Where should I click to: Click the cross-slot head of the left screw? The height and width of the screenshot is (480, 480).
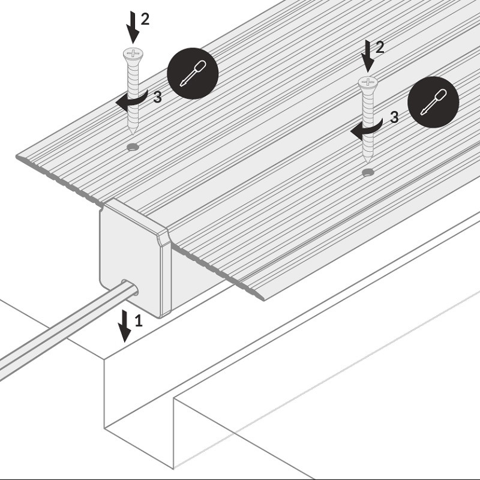click(x=133, y=54)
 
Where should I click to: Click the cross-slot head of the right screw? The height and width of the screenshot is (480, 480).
click(x=368, y=82)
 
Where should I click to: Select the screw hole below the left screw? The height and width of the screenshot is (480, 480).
click(x=133, y=147)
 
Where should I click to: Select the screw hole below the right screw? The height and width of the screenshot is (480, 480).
click(x=368, y=172)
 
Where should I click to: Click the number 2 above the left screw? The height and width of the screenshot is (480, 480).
click(x=145, y=19)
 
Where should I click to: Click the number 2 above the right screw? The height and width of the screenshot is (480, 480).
click(x=380, y=47)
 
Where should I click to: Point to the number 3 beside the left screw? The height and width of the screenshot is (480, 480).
click(x=157, y=97)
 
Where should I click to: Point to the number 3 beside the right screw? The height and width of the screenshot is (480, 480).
click(x=395, y=117)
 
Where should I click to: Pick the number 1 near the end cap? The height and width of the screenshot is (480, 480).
click(x=139, y=321)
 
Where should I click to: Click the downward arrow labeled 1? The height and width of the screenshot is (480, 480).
click(x=125, y=326)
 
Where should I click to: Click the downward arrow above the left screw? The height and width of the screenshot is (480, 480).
click(x=133, y=27)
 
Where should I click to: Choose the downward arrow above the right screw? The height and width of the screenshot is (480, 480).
click(x=368, y=56)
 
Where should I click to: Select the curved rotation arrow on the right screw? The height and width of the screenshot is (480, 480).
click(x=367, y=128)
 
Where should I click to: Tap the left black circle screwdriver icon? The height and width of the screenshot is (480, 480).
click(x=193, y=73)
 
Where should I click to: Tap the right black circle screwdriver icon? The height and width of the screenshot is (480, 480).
click(x=433, y=101)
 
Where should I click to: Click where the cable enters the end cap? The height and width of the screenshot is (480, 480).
click(x=130, y=287)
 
